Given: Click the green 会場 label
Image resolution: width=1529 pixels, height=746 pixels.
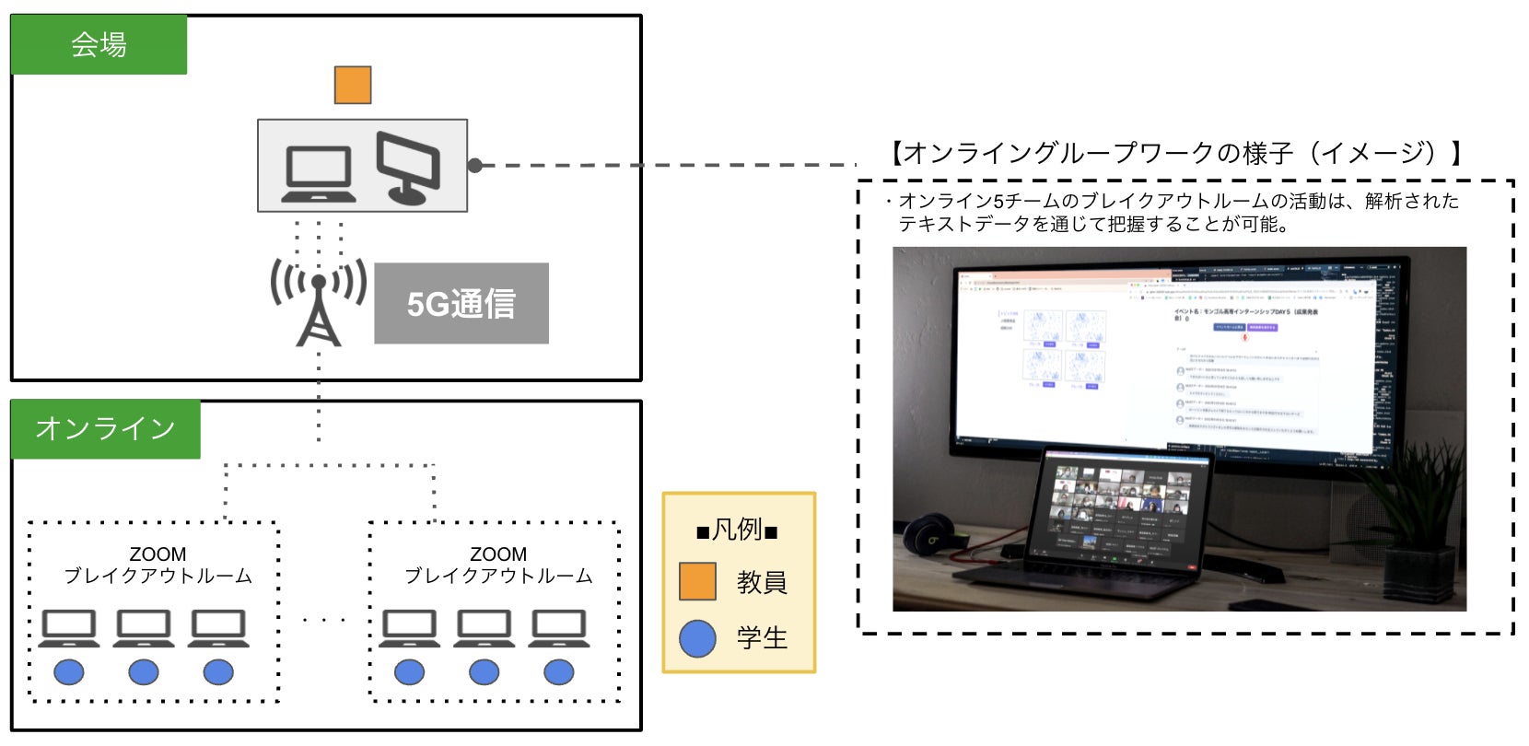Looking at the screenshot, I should (x=99, y=44).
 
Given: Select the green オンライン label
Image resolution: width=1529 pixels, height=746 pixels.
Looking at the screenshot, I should (x=105, y=429).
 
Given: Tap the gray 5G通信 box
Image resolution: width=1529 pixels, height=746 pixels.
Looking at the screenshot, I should (x=461, y=304).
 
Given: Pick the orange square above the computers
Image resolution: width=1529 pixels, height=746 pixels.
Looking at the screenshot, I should (x=353, y=85).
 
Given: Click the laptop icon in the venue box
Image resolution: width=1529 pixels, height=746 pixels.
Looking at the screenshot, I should (x=319, y=175).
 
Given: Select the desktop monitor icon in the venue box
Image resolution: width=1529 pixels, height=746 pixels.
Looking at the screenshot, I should (x=407, y=168).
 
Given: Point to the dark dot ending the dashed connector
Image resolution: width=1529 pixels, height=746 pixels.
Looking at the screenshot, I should (x=475, y=166).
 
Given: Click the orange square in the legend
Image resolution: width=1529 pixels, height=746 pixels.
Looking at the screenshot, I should (x=697, y=582).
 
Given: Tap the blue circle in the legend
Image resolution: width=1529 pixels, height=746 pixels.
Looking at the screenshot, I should (x=697, y=638).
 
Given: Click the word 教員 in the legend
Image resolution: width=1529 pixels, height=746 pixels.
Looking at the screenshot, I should (x=762, y=583).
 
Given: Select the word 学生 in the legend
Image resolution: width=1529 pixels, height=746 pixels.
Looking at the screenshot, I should (x=762, y=638).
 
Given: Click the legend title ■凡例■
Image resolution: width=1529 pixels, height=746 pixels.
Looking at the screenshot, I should (x=738, y=530).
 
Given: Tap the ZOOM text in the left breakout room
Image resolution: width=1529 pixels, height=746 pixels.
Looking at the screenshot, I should (x=158, y=554).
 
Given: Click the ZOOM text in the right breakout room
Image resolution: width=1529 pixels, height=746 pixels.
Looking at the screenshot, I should (x=498, y=554).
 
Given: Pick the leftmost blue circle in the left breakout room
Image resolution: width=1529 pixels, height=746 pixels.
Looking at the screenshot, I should (x=69, y=672).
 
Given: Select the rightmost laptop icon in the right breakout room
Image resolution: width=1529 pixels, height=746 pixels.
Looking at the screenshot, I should (x=559, y=629).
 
